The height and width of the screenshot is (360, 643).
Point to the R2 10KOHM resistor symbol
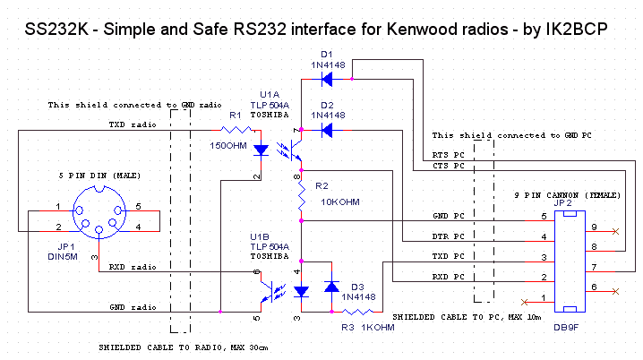coord(301,200)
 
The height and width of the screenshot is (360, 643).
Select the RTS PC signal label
coord(448,153)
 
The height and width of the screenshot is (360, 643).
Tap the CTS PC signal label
coord(448,166)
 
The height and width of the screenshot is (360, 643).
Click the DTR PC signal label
coord(448,236)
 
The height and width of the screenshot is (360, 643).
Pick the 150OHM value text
coord(228,145)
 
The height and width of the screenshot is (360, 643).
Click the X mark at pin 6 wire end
coord(615,290)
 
